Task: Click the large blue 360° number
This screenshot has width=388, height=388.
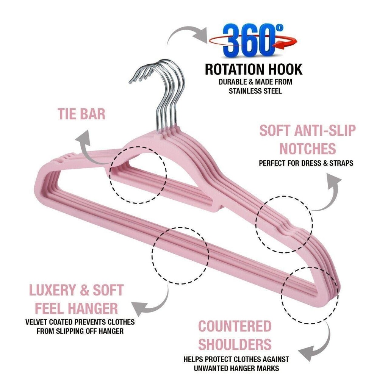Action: (x=248, y=40)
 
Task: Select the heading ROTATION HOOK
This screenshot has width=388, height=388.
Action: (x=253, y=69)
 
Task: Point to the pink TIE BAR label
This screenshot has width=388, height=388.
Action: (x=81, y=114)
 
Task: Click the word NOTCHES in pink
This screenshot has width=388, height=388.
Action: (x=308, y=149)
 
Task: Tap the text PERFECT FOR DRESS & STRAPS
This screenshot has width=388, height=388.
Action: (x=306, y=164)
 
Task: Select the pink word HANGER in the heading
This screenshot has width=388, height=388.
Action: (x=93, y=308)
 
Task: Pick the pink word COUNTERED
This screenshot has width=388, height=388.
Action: (x=235, y=326)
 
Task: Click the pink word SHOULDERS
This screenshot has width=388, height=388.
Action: (x=235, y=344)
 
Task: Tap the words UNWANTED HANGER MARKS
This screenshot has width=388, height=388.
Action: (x=236, y=368)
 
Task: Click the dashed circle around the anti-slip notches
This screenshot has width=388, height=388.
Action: (x=284, y=224)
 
